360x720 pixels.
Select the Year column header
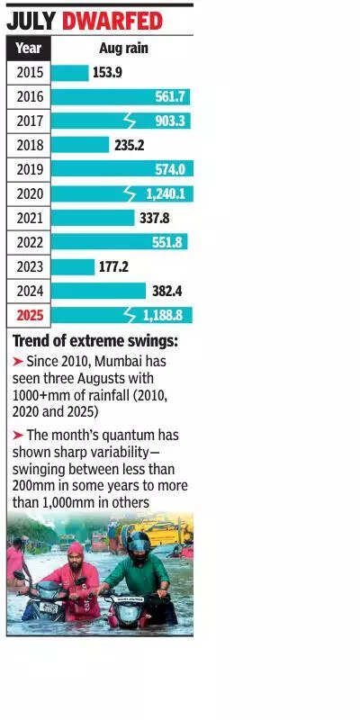click(29, 49)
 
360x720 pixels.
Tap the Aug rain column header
click(122, 49)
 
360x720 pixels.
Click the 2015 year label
click(29, 73)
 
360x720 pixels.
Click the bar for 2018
click(79, 145)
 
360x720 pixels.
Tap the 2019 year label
click(29, 169)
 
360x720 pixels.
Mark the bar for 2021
click(92, 218)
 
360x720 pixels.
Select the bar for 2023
click(72, 266)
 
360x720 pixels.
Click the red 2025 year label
click(29, 315)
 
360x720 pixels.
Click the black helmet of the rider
click(138, 543)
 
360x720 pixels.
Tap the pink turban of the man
click(75, 548)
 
